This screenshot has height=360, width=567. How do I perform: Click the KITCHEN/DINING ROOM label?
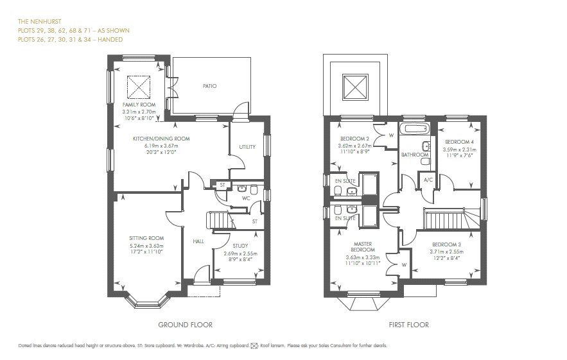click(161, 139)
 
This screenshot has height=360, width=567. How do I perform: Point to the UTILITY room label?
click(247, 147)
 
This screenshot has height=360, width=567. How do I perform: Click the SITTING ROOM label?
click(143, 238)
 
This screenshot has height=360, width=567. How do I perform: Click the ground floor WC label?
click(245, 198)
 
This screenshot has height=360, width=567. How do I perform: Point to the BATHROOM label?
click(415, 155)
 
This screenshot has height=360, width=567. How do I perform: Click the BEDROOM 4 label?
click(458, 142)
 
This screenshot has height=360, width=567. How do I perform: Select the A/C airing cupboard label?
click(428, 180)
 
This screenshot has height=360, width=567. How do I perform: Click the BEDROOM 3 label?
click(448, 245)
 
